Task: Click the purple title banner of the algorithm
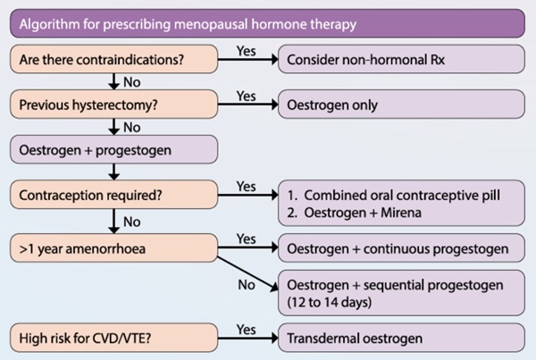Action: [267, 23]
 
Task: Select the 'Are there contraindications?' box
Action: [113, 59]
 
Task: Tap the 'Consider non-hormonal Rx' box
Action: [401, 59]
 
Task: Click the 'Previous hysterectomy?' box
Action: [113, 105]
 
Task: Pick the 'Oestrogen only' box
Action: [401, 105]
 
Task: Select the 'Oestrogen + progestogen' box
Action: [113, 149]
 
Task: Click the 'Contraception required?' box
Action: [113, 195]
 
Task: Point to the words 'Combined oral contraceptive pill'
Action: [402, 196]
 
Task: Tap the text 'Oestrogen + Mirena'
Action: [363, 213]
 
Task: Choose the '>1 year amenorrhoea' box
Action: [113, 247]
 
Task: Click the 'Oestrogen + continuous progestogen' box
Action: [401, 247]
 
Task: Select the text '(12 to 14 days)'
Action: [329, 302]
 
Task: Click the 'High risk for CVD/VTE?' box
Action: [113, 338]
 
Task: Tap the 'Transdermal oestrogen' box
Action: [401, 338]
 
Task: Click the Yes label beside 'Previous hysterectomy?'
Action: [247, 96]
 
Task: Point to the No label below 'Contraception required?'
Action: [132, 222]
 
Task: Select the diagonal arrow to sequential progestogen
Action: [247, 274]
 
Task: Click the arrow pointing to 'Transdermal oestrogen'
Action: [247, 339]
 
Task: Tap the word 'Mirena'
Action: [401, 213]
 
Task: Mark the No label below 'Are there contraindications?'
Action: [132, 82]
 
